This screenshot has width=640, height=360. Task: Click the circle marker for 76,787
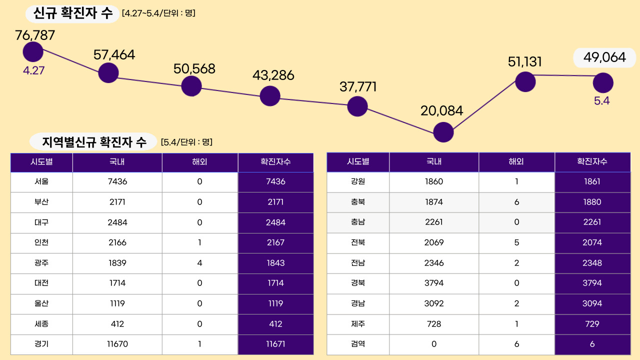(33, 52)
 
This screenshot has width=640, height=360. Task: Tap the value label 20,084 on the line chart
(441, 110)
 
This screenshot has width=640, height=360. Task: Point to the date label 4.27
(34, 70)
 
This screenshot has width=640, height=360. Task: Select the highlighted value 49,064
(604, 57)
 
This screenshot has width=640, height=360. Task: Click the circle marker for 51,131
(525, 81)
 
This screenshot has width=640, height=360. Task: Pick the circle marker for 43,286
(270, 95)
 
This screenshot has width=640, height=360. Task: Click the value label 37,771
(357, 86)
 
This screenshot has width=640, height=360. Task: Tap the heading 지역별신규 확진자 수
(94, 142)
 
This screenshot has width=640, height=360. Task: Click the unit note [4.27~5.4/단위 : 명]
(158, 13)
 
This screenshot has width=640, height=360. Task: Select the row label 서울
(41, 181)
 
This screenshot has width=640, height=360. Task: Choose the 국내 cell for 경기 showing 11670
(117, 344)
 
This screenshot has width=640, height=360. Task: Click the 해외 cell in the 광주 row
(200, 263)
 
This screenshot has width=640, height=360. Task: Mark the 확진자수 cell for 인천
(275, 242)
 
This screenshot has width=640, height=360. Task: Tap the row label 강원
(358, 181)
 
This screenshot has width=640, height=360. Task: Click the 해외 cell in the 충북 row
(516, 202)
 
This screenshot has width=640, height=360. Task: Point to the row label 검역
(358, 344)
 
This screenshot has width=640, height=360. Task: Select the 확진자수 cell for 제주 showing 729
(592, 324)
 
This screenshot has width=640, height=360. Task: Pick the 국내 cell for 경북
(434, 283)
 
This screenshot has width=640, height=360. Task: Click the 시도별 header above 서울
(41, 162)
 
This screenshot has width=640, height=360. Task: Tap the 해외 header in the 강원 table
(516, 162)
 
